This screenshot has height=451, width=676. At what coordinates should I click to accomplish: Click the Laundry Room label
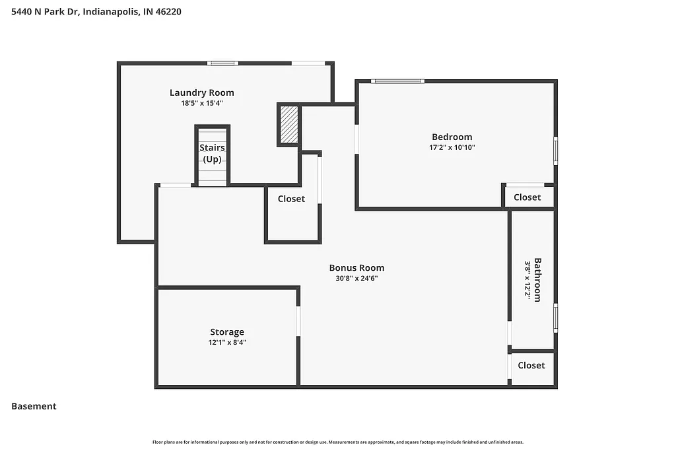coord(201,92)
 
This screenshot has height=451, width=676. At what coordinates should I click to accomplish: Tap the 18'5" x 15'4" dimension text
coord(201,103)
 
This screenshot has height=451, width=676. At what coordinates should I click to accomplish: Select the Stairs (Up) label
coord(212,153)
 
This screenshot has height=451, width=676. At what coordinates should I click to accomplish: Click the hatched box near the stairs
coord(289,125)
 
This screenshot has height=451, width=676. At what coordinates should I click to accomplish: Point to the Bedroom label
coord(452,137)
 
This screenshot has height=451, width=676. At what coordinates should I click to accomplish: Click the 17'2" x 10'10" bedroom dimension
coord(452,148)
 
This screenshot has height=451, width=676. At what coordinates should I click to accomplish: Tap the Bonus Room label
coord(356,268)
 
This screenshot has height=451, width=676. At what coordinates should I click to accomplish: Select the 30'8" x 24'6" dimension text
coord(356,279)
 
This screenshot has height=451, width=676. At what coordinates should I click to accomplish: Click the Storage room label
coord(227,332)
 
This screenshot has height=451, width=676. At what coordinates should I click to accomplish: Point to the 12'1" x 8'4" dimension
coord(227,343)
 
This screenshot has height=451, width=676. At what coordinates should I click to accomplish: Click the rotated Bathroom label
coord(537,279)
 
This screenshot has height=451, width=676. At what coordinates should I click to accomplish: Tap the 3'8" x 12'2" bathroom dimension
coord(527,279)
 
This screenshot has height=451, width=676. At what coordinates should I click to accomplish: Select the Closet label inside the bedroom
coord(527,197)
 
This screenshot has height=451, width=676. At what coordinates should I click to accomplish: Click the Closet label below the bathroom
coord(531,365)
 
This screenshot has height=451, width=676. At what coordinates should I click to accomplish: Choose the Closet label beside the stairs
coord(291,199)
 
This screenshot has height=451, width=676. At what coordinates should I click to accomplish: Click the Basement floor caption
coord(34,406)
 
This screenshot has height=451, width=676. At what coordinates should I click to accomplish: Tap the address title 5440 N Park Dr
coord(96,11)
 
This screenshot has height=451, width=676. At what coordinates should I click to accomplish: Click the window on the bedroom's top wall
coord(397,81)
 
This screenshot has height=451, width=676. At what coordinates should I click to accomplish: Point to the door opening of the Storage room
coord(298,320)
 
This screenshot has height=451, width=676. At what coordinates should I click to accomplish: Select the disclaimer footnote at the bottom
coord(338,442)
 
